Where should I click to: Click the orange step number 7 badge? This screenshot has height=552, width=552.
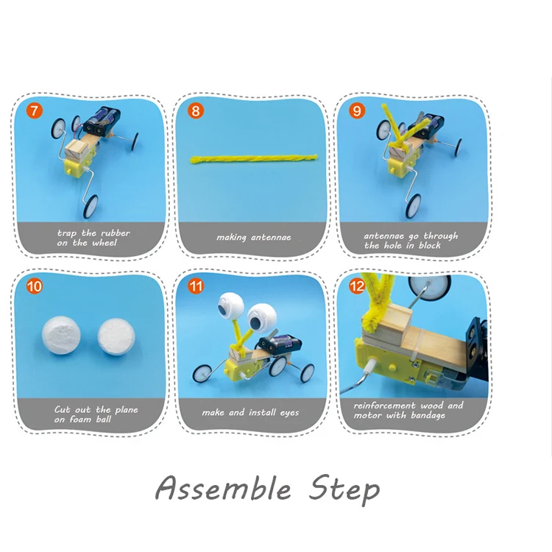34,111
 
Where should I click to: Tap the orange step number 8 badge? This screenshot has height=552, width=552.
195,111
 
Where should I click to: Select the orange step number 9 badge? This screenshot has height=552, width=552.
357,111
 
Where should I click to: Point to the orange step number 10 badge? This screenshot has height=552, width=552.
34,286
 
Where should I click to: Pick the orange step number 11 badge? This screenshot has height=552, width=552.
195,286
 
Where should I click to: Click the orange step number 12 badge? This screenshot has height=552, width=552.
357,286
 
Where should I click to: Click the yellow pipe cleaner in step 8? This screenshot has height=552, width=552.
253,159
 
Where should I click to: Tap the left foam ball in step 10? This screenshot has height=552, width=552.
61,335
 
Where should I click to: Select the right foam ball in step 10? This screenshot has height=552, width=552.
116,337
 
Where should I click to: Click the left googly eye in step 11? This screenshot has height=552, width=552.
230,305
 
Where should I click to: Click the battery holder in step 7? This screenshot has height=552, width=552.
102,121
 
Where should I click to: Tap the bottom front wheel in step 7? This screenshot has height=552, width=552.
90,206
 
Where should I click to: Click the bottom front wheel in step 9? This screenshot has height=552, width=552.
413,205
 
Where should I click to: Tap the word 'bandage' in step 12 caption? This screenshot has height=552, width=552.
428,416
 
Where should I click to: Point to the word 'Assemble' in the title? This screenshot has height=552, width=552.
223,488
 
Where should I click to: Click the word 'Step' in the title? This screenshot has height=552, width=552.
344,490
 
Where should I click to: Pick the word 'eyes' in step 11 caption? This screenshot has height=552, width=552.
289,413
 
